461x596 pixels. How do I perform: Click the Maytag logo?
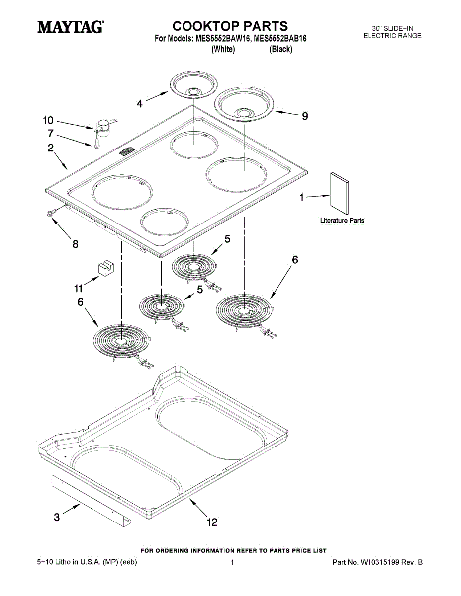(x=71, y=27)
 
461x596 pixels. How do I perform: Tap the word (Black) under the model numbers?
(x=280, y=49)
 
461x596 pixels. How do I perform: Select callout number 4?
(x=140, y=103)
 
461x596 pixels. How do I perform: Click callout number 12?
(x=212, y=522)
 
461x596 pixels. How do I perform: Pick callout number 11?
(x=79, y=288)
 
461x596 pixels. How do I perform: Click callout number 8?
(x=75, y=244)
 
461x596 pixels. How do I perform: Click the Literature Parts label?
(x=342, y=221)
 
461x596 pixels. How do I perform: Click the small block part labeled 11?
(x=103, y=268)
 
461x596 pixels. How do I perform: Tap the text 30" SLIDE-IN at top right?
(x=392, y=28)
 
